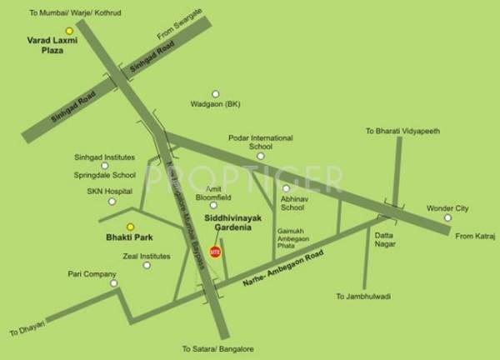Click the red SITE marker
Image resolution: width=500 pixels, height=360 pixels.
(x=214, y=250)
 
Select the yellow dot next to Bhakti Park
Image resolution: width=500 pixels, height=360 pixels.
(x=130, y=227)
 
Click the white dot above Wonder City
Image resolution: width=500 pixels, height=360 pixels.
(x=447, y=218)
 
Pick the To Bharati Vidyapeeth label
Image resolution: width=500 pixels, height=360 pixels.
(x=402, y=132)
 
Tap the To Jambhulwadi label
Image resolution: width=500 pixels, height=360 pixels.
(x=363, y=296)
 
